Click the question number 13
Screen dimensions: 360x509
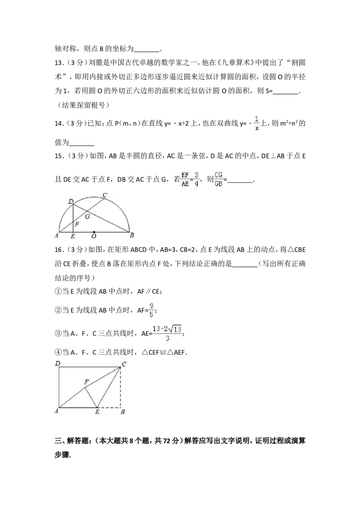[x=59, y=63]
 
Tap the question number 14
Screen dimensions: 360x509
[x=59, y=123]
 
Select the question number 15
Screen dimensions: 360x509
[x=59, y=156]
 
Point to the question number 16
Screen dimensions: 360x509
[x=59, y=250]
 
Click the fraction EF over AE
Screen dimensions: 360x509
[x=185, y=179]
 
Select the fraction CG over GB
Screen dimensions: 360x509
[x=219, y=179]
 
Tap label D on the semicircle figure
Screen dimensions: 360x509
[x=71, y=201]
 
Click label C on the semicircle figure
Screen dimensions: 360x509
[x=105, y=196]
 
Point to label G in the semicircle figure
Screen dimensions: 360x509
[x=87, y=216]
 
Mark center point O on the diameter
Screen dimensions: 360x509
[x=94, y=232]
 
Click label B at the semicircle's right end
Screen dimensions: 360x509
[x=131, y=235]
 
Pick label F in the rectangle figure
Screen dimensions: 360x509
[x=86, y=382]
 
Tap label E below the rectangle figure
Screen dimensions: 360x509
[x=97, y=412]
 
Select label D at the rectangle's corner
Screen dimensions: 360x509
[x=58, y=363]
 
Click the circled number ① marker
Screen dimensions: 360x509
[x=58, y=291]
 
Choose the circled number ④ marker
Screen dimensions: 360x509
[x=58, y=352]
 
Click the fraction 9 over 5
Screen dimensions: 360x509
[x=151, y=310]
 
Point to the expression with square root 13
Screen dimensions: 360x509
[x=167, y=333]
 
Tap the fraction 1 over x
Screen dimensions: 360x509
[x=257, y=123]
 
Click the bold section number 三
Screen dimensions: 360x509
[x=58, y=441]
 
